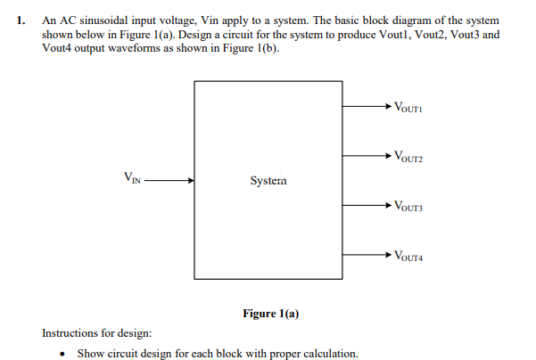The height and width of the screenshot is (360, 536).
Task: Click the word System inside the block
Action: pos(268,180)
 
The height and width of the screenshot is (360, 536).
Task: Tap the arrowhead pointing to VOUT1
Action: pos(385,106)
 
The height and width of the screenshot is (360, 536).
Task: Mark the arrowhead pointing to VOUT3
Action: pos(385,205)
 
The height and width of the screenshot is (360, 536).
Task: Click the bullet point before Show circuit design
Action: pos(62,354)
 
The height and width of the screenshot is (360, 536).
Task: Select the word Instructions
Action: pos(71,333)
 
